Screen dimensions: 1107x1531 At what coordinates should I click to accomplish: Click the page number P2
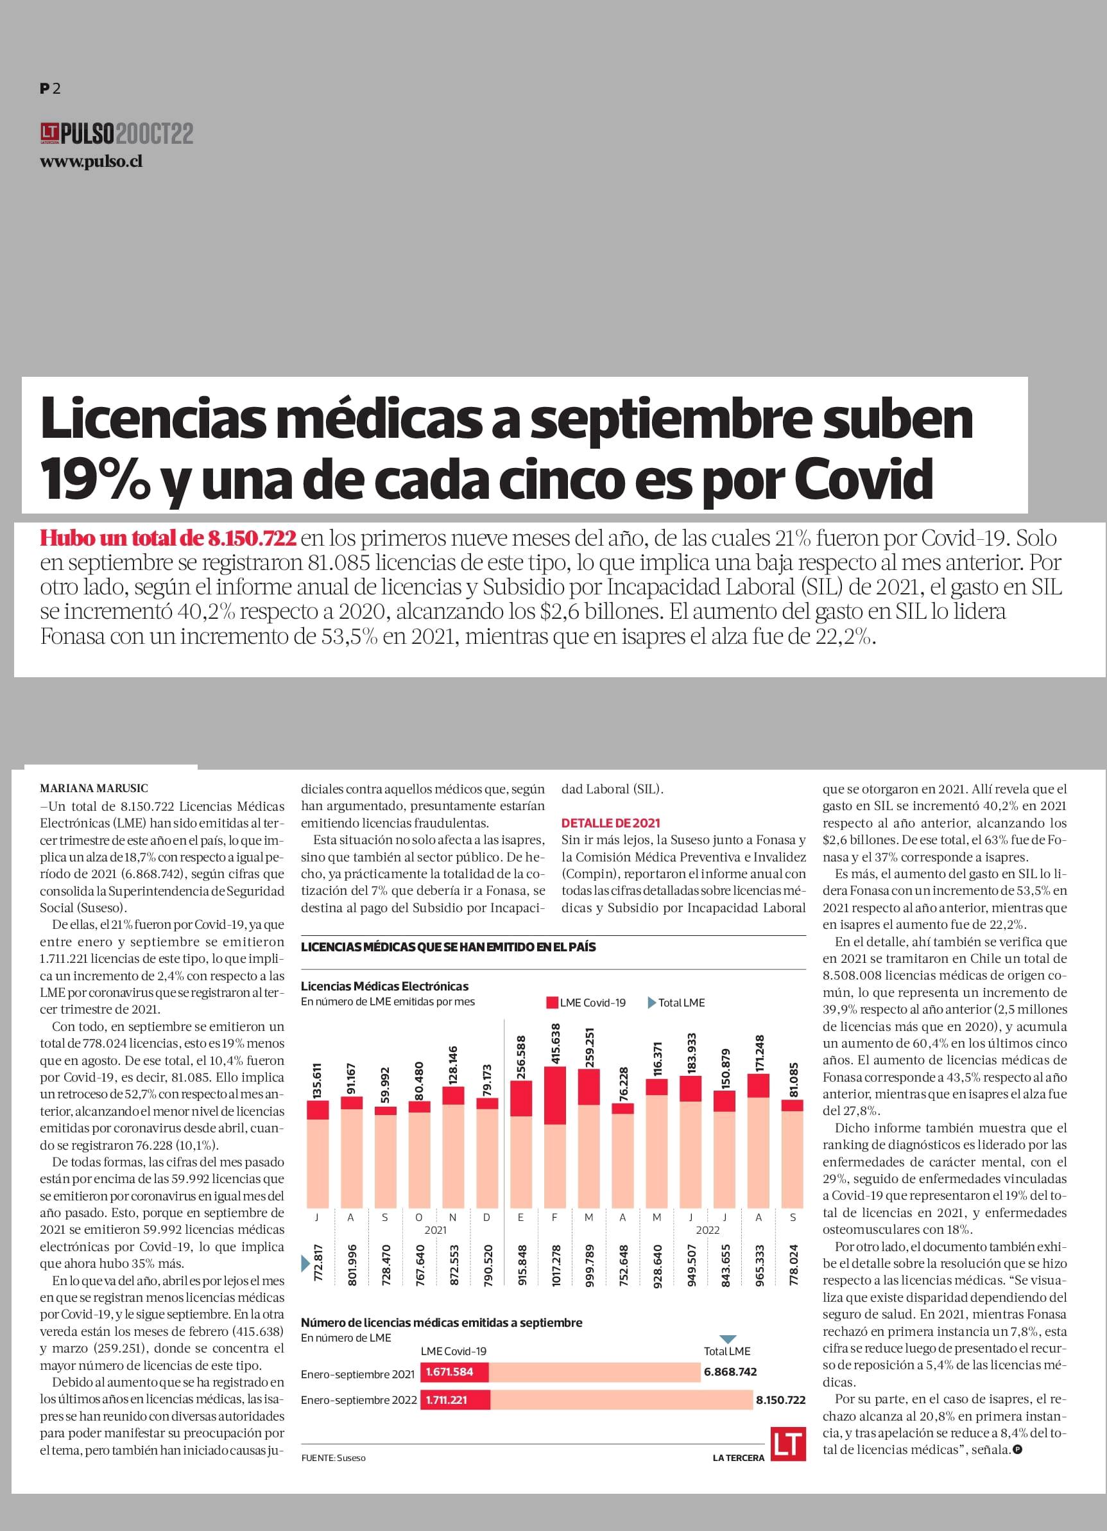pos(50,89)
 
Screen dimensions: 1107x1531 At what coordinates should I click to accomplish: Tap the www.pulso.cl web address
pos(91,161)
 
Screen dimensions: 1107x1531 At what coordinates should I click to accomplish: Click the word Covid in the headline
pos(863,478)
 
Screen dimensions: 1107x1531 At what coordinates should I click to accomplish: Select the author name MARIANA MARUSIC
pos(94,788)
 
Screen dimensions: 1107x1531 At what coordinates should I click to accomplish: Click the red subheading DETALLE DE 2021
pos(611,823)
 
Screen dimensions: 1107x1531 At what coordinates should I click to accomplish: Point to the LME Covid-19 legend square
pos(552,1003)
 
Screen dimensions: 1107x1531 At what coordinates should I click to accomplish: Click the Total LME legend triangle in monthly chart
pos(652,1003)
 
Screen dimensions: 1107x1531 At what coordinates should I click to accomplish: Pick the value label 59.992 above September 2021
pos(385,1086)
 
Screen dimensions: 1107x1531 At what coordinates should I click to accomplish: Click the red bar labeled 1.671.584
pos(454,1372)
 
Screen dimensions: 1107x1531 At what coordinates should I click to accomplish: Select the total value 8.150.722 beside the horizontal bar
pos(781,1400)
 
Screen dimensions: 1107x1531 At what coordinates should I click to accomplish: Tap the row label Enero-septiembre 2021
pos(357,1374)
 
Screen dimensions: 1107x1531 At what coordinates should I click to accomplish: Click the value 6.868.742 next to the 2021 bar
pos(730,1372)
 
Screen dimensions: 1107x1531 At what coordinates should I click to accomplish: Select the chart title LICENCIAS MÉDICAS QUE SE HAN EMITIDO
pos(448,947)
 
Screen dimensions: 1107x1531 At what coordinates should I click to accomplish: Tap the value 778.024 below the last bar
pos(794,1266)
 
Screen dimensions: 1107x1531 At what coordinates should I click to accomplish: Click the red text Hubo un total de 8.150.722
pos(168,538)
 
